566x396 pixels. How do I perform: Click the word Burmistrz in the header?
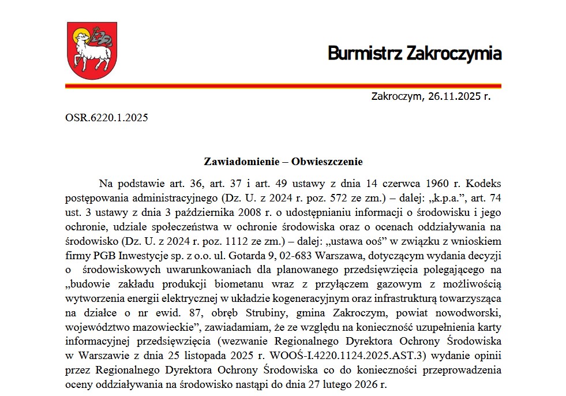[x=365, y=54]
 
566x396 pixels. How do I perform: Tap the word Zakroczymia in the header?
[x=453, y=54]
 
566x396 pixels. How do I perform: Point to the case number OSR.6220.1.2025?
[x=107, y=118]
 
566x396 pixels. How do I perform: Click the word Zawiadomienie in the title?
[x=238, y=161]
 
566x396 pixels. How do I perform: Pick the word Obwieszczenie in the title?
[x=327, y=161]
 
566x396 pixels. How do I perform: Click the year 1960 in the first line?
[x=437, y=184]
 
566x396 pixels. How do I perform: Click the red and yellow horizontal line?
[x=283, y=85]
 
